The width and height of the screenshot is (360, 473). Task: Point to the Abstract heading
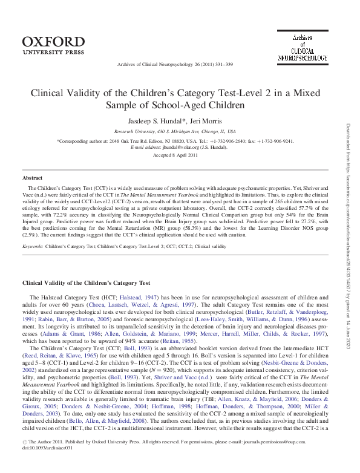pos(32,178)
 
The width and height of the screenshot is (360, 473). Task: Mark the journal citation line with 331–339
pos(173,65)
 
